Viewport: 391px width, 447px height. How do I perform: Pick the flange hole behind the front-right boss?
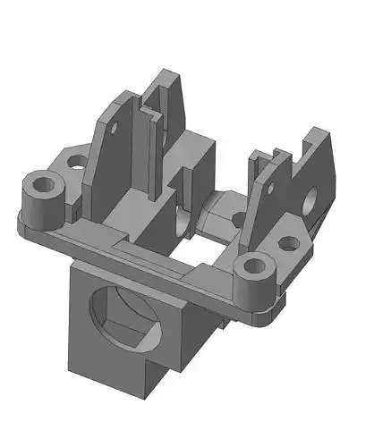pyautogui.click(x=289, y=242)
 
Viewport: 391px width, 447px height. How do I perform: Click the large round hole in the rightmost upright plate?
pyautogui.click(x=316, y=198)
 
